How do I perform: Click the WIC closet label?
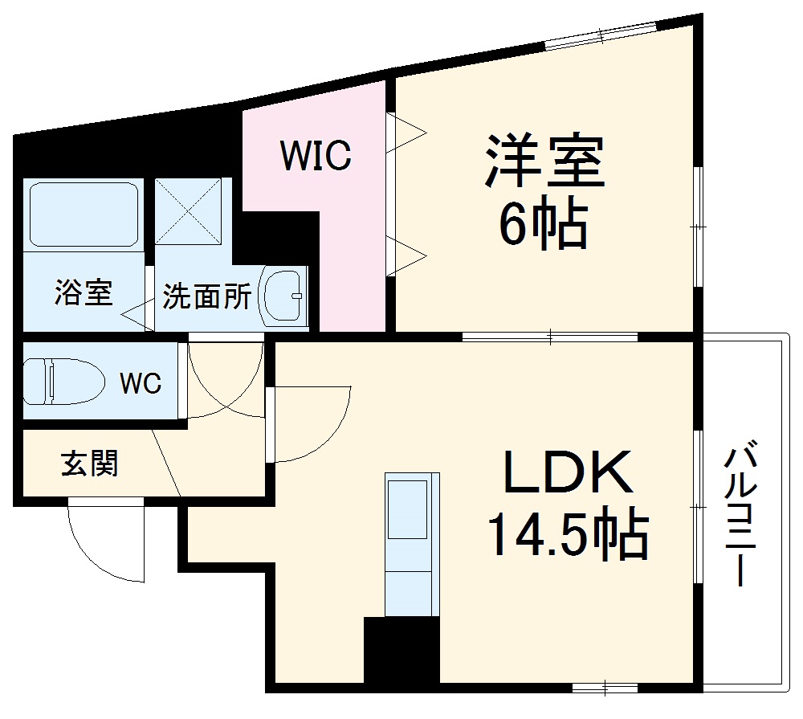(316, 156)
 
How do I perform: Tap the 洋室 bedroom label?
(543, 161)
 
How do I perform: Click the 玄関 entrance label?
(89, 464)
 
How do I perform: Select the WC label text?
(141, 384)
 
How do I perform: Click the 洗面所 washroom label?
(206, 296)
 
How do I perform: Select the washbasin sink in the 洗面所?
(284, 295)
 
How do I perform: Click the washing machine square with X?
(188, 211)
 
